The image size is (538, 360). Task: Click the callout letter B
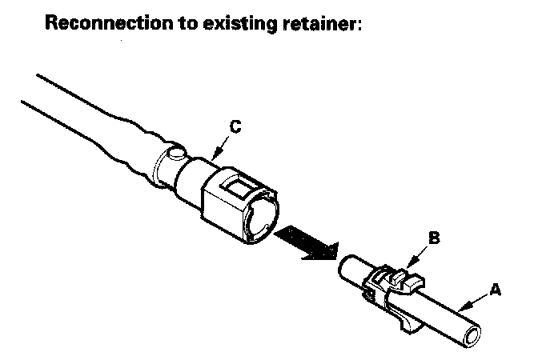433,238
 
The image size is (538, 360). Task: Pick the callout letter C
235,126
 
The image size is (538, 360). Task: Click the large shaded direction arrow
306,243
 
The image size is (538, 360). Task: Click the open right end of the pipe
472,337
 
